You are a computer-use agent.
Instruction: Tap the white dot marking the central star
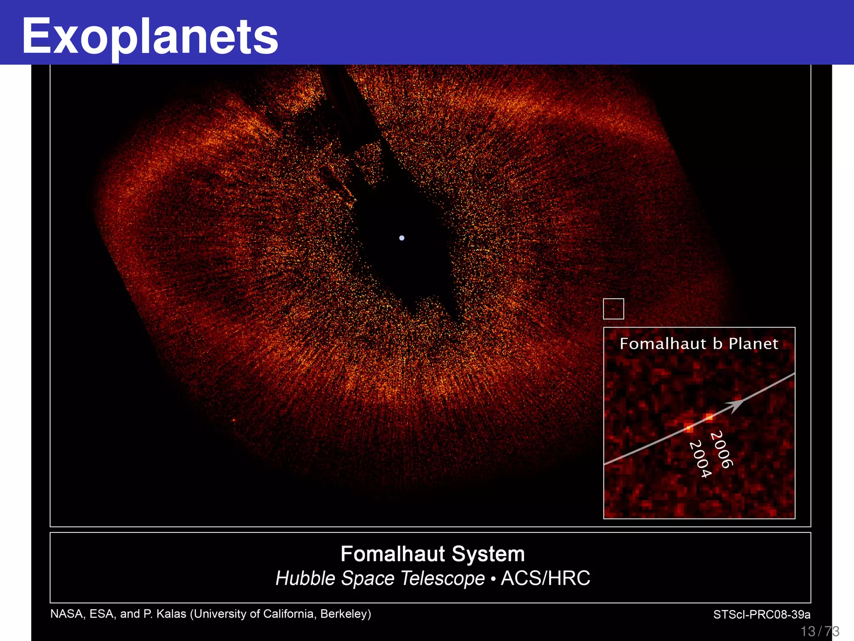(402, 238)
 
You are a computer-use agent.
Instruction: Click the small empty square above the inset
(613, 309)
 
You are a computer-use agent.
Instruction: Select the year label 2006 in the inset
(721, 450)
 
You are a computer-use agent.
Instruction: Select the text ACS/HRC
(545, 578)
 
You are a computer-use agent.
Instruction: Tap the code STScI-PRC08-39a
(761, 615)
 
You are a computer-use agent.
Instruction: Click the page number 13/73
(819, 631)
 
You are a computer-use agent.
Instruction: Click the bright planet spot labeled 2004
(689, 428)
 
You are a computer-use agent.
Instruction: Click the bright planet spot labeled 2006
(709, 416)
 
